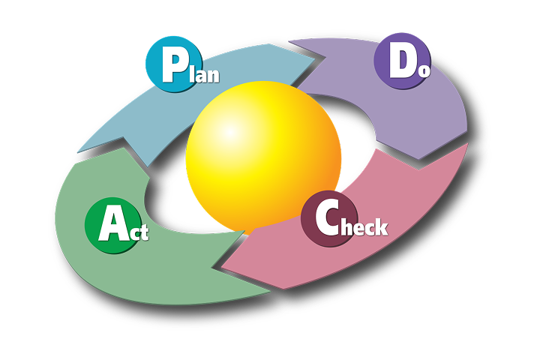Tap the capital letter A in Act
point(111,225)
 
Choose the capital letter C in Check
point(328,219)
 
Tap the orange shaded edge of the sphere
point(330,176)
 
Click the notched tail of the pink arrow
point(468,145)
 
